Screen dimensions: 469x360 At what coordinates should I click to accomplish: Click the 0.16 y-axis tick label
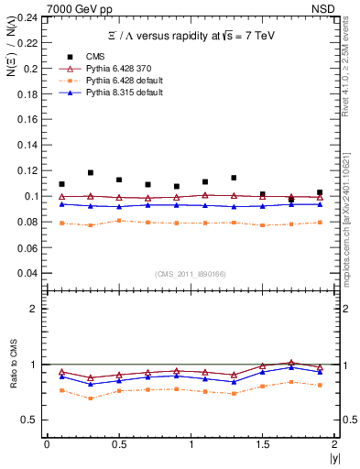pos(31,120)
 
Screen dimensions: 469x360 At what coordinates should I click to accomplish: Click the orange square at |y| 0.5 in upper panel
pos(119,221)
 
